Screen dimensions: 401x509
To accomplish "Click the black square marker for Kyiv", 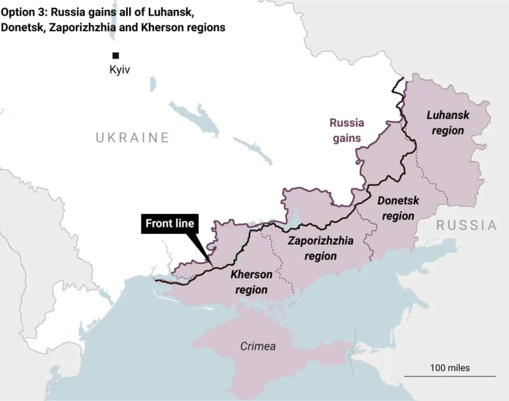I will (115, 56).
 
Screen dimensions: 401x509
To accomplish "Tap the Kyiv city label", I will (119, 70).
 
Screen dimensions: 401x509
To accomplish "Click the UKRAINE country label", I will (133, 138).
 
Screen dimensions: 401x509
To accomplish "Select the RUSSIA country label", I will (466, 225).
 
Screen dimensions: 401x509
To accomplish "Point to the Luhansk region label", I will (448, 123).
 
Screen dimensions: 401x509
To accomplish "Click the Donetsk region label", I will (398, 208).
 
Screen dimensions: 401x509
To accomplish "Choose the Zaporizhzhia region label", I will (321, 248).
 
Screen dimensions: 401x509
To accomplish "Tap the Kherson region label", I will (251, 282).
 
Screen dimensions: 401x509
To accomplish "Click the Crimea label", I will (258, 346).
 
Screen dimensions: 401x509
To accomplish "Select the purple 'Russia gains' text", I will (347, 130).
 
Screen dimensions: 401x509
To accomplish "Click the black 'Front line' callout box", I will (170, 224).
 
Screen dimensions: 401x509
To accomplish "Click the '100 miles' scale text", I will (449, 368).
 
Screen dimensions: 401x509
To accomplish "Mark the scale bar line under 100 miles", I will (449, 376).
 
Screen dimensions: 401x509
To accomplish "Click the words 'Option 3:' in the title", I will (23, 11).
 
